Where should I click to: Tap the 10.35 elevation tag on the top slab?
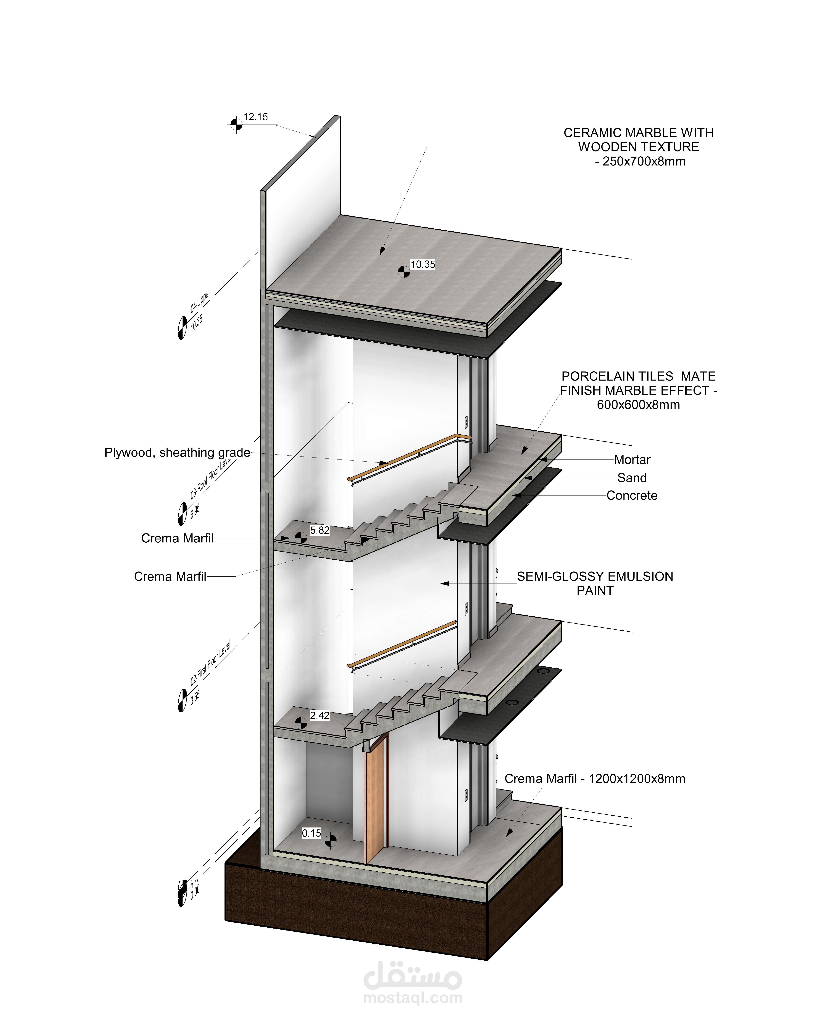(423, 264)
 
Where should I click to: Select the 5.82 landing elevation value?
(320, 530)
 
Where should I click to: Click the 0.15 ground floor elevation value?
(312, 833)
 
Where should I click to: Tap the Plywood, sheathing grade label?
(177, 453)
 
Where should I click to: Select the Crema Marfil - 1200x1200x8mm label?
(595, 779)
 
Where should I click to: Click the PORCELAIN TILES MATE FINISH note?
(638, 391)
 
